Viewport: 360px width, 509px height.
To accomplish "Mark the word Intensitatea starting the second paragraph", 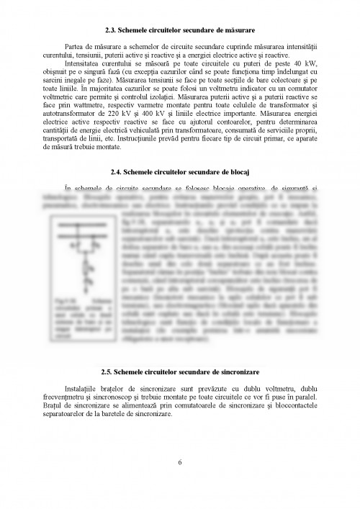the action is point(86,63).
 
